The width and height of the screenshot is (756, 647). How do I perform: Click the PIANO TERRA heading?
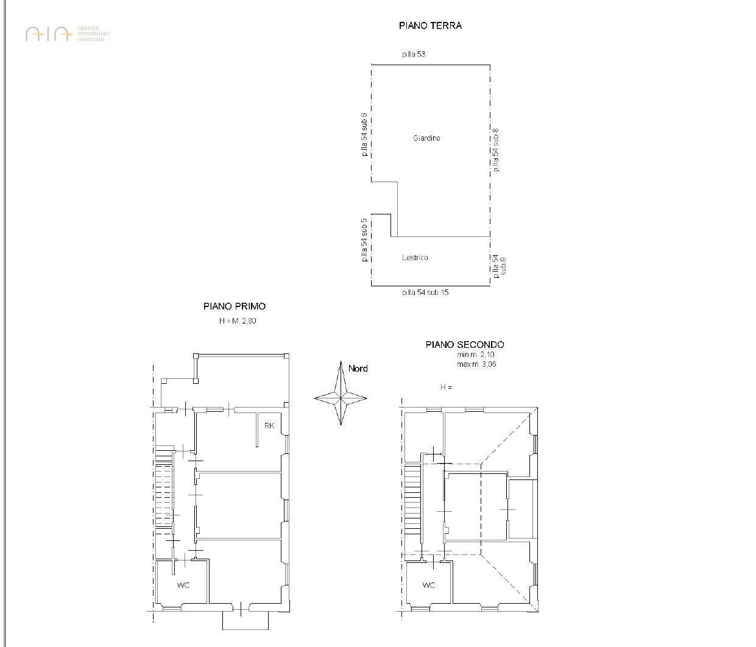pyautogui.click(x=430, y=26)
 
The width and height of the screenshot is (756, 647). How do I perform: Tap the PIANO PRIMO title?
pyautogui.click(x=235, y=306)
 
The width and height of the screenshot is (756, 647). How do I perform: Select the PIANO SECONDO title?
pyautogui.click(x=464, y=345)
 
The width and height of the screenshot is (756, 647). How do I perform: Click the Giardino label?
pyautogui.click(x=426, y=138)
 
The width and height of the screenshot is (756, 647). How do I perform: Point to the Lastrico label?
pyautogui.click(x=415, y=258)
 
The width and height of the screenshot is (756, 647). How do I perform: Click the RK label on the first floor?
pyautogui.click(x=269, y=425)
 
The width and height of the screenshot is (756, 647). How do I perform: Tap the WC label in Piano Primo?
pyautogui.click(x=183, y=585)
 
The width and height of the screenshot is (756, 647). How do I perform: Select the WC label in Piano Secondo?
pyautogui.click(x=429, y=585)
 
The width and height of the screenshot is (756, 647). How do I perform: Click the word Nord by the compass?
pyautogui.click(x=358, y=369)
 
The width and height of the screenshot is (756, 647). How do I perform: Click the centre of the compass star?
pyautogui.click(x=341, y=398)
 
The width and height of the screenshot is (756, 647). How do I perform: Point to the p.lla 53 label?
pyautogui.click(x=414, y=54)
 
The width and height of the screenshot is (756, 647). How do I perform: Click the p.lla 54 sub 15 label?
pyautogui.click(x=425, y=292)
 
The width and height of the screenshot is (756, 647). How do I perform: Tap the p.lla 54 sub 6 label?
pyautogui.click(x=364, y=135)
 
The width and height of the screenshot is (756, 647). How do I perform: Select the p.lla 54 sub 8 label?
pyautogui.click(x=496, y=150)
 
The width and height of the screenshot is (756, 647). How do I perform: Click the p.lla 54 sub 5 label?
pyautogui.click(x=364, y=240)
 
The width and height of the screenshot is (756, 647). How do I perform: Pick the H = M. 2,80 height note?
pyautogui.click(x=238, y=320)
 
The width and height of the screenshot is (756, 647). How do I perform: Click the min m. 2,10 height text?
pyautogui.click(x=476, y=355)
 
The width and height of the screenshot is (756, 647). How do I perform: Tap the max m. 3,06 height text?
pyautogui.click(x=476, y=364)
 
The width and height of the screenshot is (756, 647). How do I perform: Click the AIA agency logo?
pyautogui.click(x=68, y=34)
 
